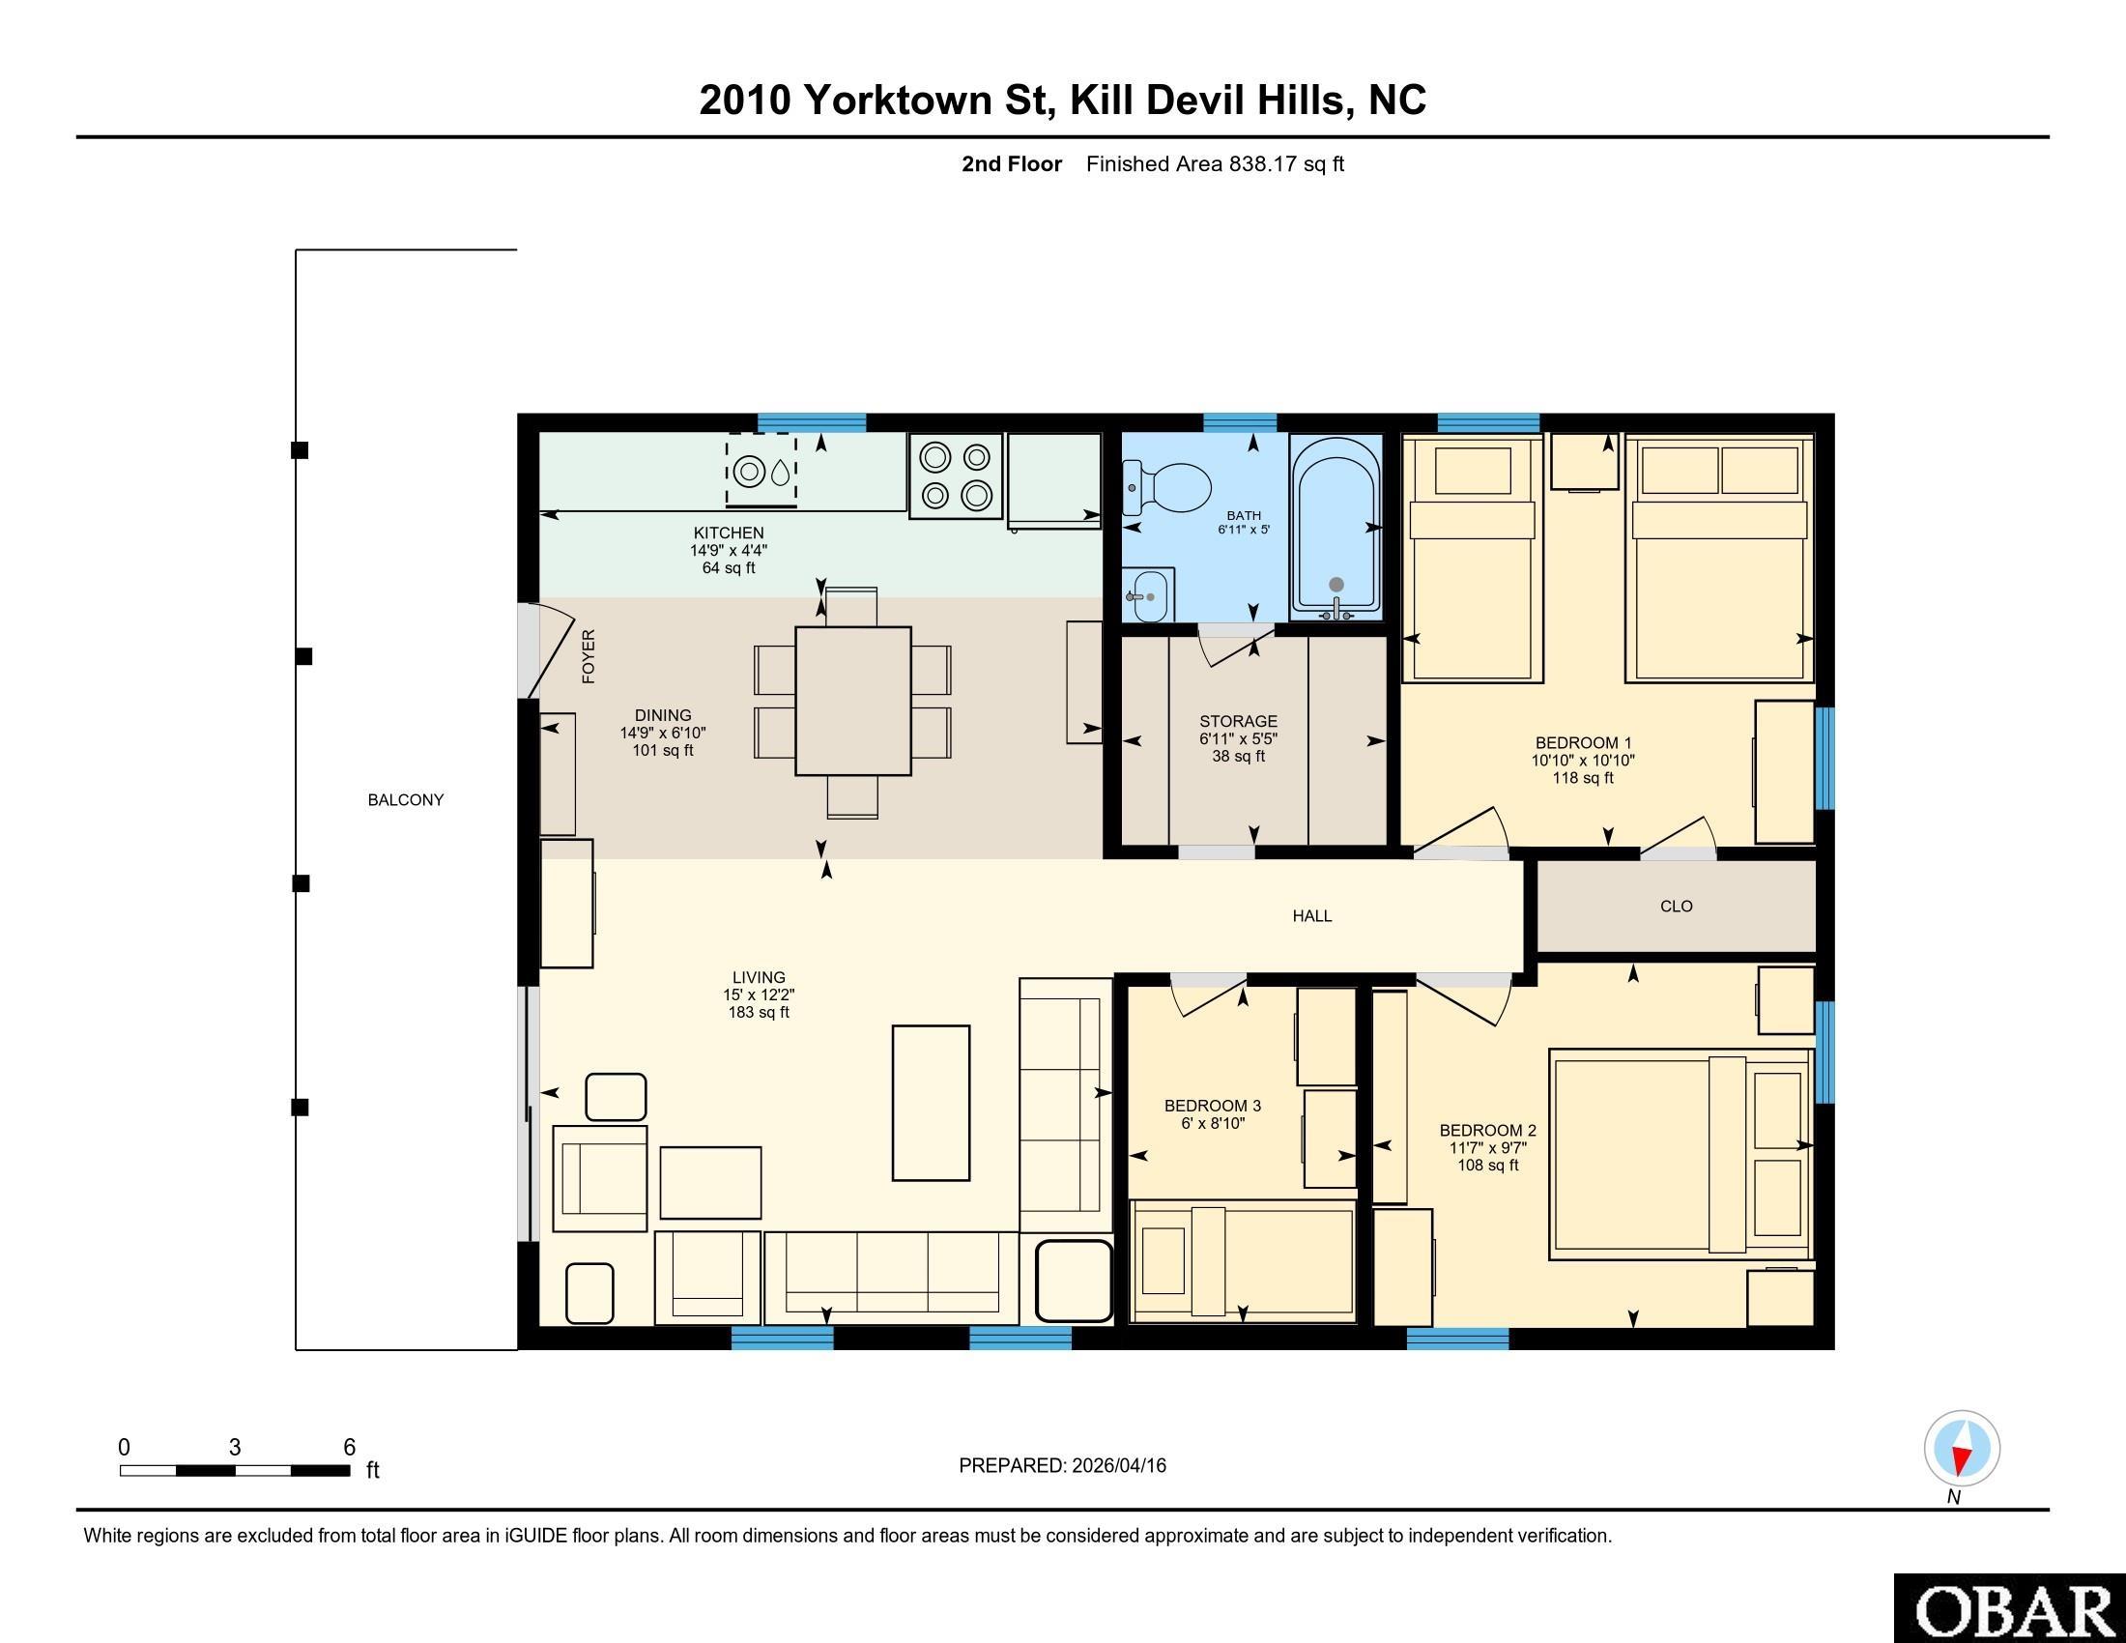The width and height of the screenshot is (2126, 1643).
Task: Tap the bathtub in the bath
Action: pos(1336,527)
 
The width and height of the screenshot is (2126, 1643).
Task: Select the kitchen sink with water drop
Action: pos(761,471)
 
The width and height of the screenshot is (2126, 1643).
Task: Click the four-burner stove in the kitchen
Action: pos(956,475)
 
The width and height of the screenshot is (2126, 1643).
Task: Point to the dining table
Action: pos(852,701)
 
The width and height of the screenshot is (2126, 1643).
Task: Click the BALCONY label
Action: pos(406,800)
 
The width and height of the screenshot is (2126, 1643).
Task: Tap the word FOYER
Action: pos(588,656)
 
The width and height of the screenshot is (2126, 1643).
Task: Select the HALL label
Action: pos(1312,916)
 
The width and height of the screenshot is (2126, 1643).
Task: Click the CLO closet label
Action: pos(1677,907)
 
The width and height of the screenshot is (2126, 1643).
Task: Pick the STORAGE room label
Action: pos(1238,721)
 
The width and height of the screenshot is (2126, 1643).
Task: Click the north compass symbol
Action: pos(1963,1449)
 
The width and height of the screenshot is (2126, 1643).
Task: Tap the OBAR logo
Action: pos(2010,1607)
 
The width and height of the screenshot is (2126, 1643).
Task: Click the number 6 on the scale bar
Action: pos(350,1448)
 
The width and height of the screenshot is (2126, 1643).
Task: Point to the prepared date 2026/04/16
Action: pos(1117,1466)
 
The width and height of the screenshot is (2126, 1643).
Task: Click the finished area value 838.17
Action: pos(1264,164)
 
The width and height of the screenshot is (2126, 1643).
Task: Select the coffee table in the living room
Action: pos(932,1103)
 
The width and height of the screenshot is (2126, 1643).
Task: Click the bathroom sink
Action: pos(1149,594)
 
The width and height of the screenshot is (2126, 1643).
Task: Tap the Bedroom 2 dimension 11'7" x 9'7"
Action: pos(1487,1147)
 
